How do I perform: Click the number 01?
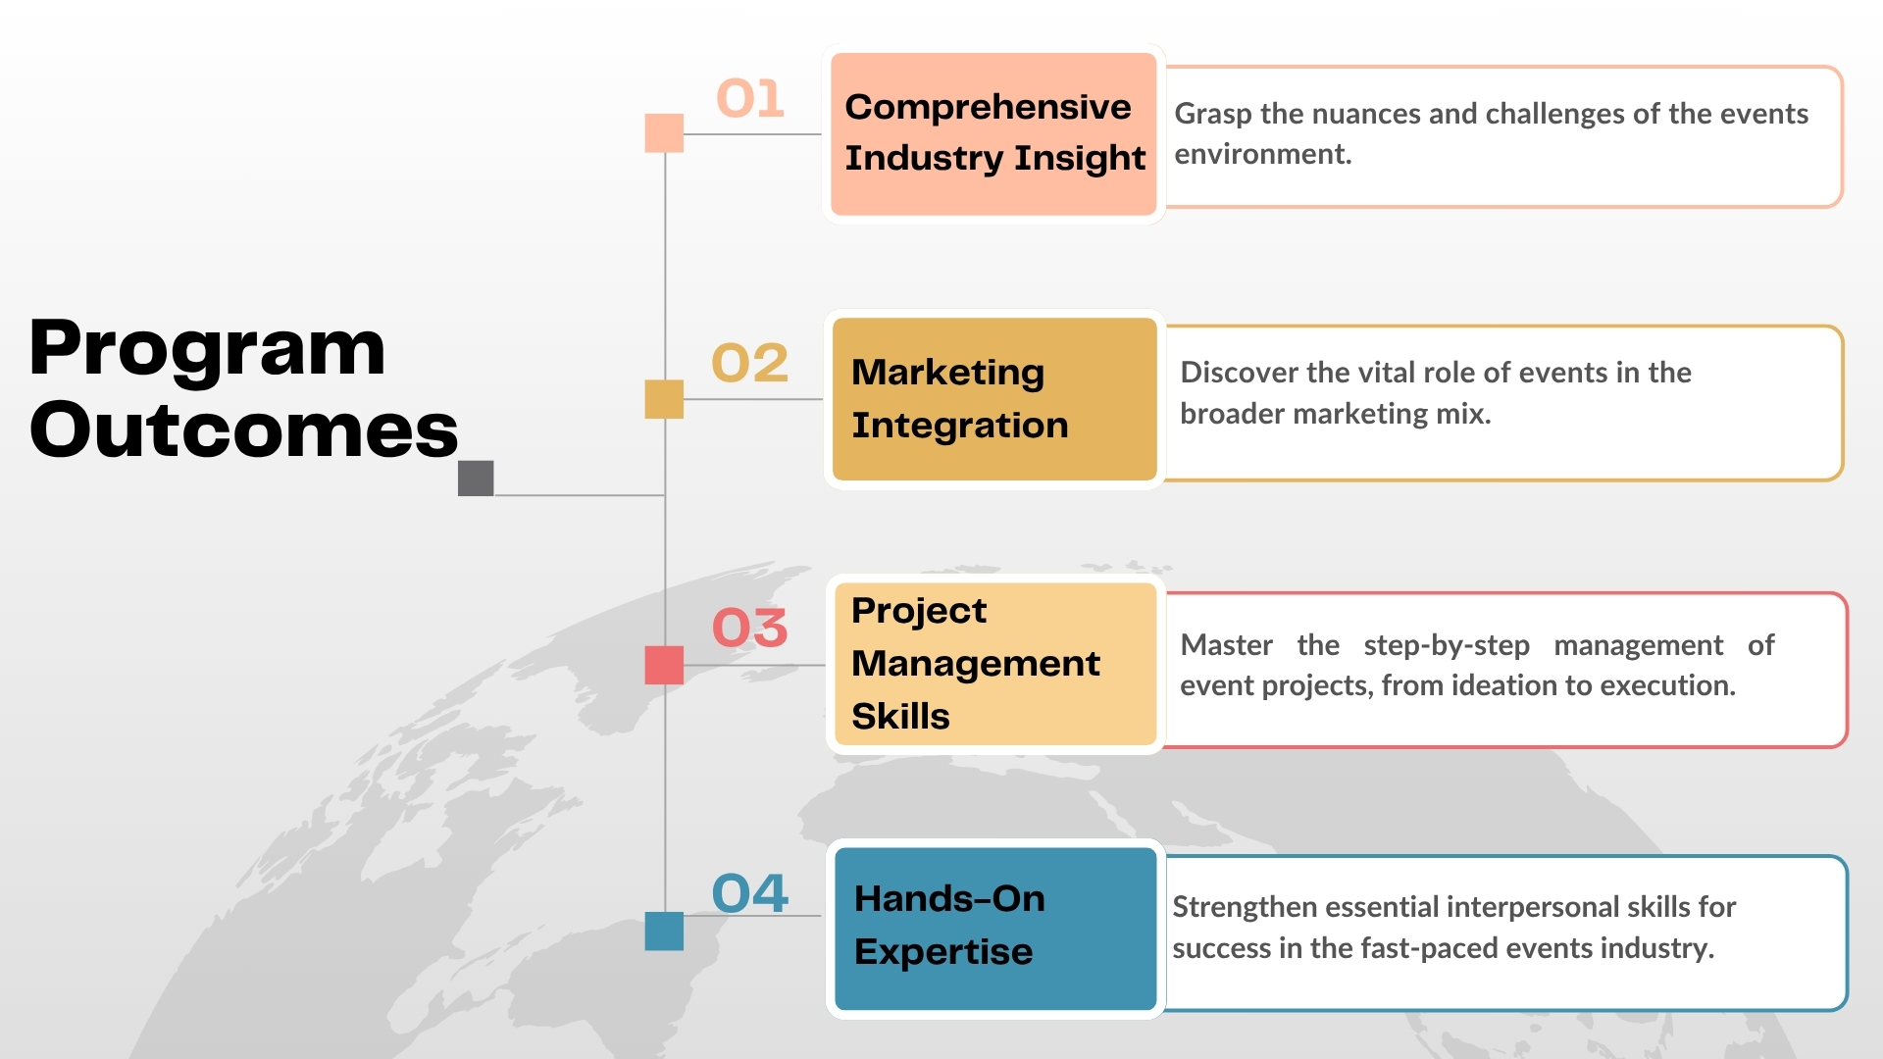pyautogui.click(x=750, y=98)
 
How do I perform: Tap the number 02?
pyautogui.click(x=750, y=363)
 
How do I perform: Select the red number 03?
pyautogui.click(x=750, y=628)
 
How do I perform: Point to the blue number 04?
pyautogui.click(x=750, y=893)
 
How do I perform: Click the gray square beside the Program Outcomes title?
pyautogui.click(x=476, y=479)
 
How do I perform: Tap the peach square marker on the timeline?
pyautogui.click(x=664, y=133)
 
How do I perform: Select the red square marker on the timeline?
pyautogui.click(x=664, y=665)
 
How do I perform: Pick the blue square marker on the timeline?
pyautogui.click(x=664, y=932)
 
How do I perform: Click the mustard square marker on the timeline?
pyautogui.click(x=664, y=399)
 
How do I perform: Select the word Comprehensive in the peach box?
pyautogui.click(x=988, y=108)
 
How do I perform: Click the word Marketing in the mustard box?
pyautogui.click(x=948, y=374)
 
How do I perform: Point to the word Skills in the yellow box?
pyautogui.click(x=900, y=716)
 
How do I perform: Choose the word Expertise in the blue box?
pyautogui.click(x=943, y=953)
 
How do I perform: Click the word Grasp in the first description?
pyautogui.click(x=1213, y=115)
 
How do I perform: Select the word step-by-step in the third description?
pyautogui.click(x=1447, y=646)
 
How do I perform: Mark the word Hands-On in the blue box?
pyautogui.click(x=949, y=898)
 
